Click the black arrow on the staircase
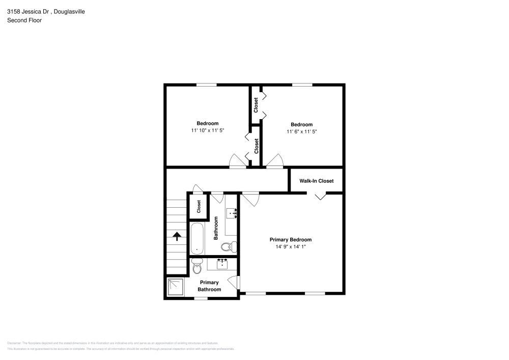177,236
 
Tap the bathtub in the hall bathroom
197,238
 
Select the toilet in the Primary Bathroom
197,266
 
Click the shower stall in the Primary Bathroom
175,287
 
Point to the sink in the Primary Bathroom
222,264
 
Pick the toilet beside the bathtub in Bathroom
228,247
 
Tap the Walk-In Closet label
316,180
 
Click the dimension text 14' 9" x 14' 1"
290,246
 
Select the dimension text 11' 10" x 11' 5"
208,130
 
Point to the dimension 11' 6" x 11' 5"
301,131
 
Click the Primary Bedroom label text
290,239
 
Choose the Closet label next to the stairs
199,206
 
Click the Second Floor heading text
24,20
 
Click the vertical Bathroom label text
216,228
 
